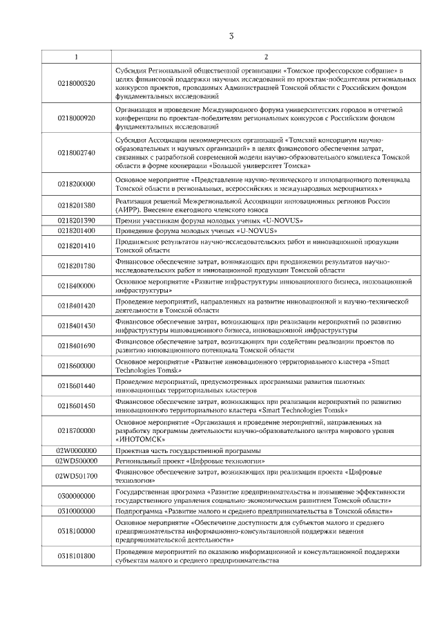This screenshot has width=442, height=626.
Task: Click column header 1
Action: [76, 56]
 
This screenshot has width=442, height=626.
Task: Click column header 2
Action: [266, 56]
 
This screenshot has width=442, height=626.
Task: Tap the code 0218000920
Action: [76, 118]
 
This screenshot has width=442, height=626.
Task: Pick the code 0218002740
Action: [76, 153]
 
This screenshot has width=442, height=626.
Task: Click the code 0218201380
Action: [76, 205]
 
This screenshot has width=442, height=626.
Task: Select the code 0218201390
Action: [76, 220]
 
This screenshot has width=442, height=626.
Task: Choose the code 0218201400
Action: [76, 230]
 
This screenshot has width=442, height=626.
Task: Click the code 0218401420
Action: [76, 305]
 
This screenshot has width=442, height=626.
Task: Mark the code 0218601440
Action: [76, 385]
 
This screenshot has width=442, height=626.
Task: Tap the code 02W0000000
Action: [76, 450]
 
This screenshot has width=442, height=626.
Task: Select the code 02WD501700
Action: [76, 475]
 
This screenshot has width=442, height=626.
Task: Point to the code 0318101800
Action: [76, 555]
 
